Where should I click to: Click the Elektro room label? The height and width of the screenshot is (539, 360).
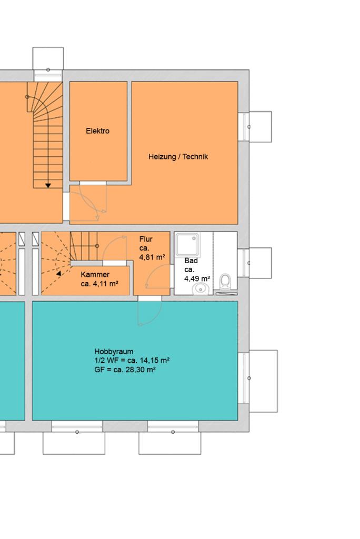[x=98, y=131]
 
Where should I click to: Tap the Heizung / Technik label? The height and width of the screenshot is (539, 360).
[x=178, y=157]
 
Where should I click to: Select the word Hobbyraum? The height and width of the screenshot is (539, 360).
[x=114, y=352]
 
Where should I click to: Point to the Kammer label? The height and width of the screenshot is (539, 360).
[x=95, y=275]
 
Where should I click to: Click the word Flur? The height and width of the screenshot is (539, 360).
[x=146, y=239]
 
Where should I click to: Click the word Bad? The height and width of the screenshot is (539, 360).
[x=191, y=261]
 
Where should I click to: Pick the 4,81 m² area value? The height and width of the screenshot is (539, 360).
[x=152, y=257]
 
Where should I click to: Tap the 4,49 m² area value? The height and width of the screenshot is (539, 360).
[x=197, y=279]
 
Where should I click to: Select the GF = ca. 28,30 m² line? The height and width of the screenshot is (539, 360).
[x=125, y=370]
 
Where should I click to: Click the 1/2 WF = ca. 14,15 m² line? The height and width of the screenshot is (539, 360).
[x=132, y=361]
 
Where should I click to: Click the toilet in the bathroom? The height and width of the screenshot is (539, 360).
[x=225, y=281]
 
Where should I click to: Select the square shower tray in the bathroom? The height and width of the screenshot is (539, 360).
[x=187, y=244]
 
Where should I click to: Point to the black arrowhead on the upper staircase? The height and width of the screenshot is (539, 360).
[x=48, y=186]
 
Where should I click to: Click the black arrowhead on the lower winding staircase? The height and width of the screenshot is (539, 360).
[x=58, y=274]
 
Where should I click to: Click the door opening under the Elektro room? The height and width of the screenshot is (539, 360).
[x=93, y=183]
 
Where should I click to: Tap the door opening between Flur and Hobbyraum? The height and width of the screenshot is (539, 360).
[x=149, y=298]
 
